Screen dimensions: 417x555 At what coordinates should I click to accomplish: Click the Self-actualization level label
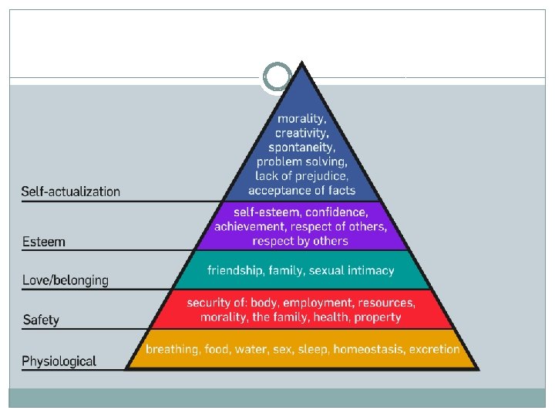pyautogui.click(x=71, y=192)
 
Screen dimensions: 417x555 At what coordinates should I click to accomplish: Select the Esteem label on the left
pyautogui.click(x=44, y=242)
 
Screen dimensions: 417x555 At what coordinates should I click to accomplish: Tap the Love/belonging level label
pyautogui.click(x=66, y=280)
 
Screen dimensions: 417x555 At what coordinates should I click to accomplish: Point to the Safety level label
pyautogui.click(x=41, y=320)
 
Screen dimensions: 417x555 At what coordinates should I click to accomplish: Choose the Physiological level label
pyautogui.click(x=59, y=361)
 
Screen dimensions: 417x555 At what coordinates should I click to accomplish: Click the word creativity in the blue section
pyautogui.click(x=302, y=133)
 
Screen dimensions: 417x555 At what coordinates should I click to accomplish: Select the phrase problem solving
pyautogui.click(x=302, y=161)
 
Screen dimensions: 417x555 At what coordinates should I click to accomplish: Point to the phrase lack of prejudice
pyautogui.click(x=302, y=175)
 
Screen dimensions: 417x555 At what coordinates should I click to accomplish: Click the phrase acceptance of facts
pyautogui.click(x=302, y=190)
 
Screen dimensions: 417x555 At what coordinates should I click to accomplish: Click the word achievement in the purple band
pyautogui.click(x=251, y=226)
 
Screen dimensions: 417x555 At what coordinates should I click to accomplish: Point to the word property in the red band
pyautogui.click(x=375, y=317)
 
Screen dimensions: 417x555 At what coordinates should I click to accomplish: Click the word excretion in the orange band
pyautogui.click(x=435, y=349)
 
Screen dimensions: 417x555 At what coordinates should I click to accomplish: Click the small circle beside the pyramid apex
pyautogui.click(x=277, y=76)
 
